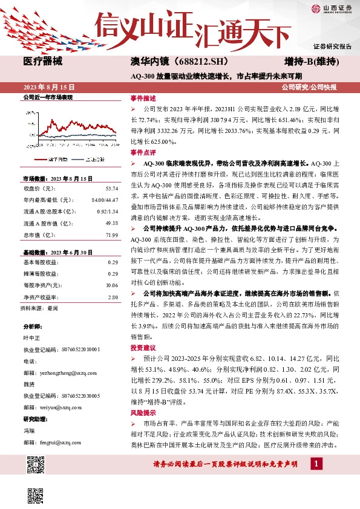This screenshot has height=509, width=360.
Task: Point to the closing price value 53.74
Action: pyautogui.click(x=111, y=189)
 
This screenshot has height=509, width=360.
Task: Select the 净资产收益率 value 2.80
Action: pyautogui.click(x=113, y=297)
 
